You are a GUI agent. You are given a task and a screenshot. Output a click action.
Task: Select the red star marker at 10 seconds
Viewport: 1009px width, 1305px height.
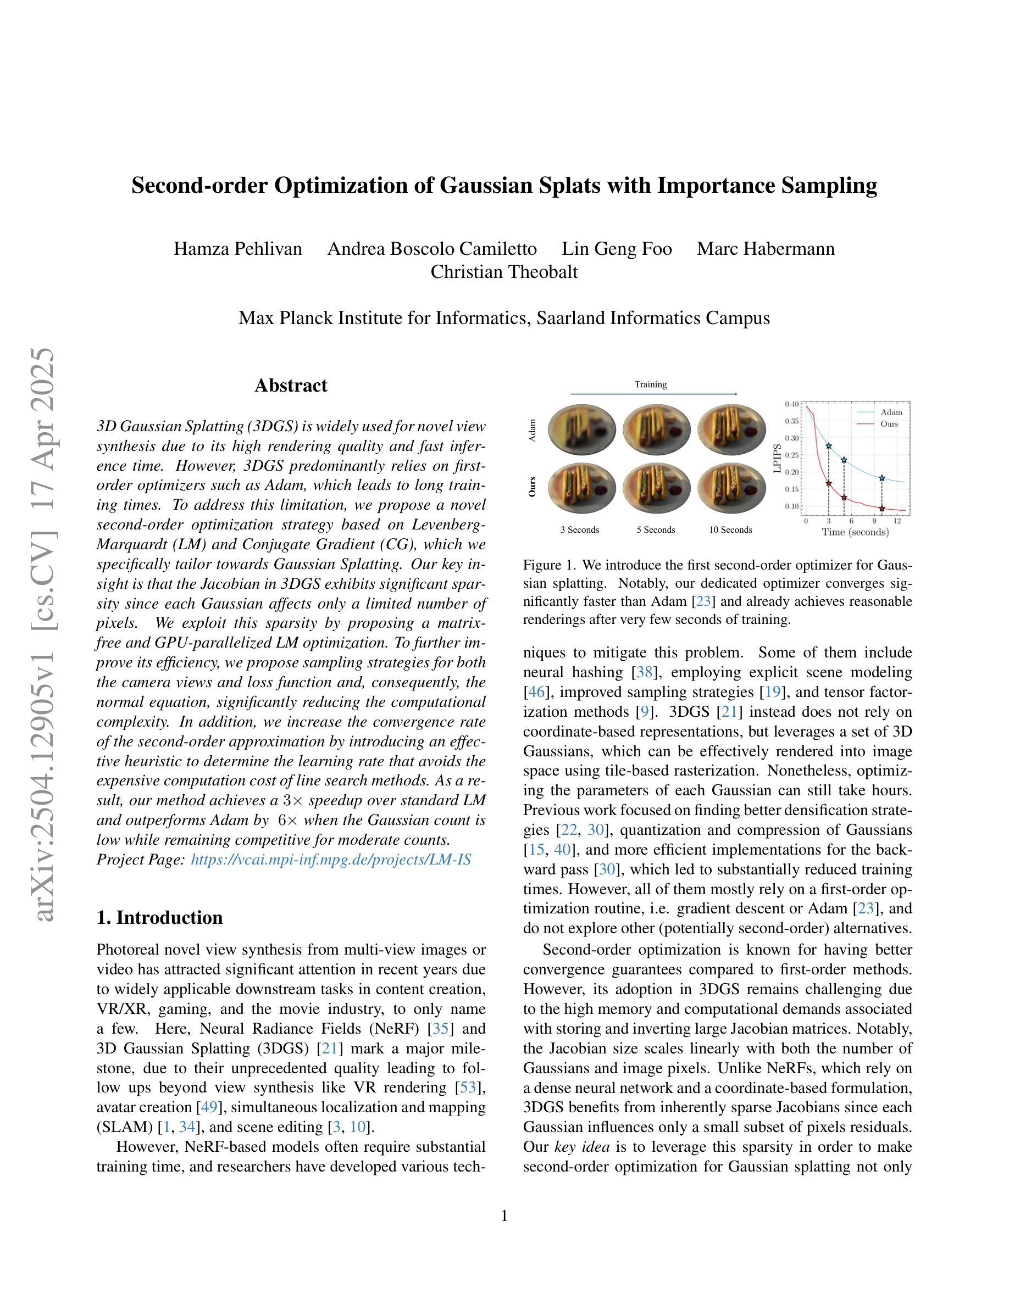pos(882,509)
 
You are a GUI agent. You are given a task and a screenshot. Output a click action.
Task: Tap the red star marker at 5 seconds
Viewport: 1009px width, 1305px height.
pos(844,498)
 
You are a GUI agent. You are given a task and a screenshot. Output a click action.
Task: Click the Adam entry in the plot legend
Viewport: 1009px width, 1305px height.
pos(891,412)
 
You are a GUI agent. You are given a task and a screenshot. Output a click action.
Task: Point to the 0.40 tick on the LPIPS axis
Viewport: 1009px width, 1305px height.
pos(791,404)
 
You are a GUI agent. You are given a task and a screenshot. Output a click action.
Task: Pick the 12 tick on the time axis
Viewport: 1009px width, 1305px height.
pos(897,521)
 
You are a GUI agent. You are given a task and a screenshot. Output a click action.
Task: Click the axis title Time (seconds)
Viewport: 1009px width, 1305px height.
pos(855,532)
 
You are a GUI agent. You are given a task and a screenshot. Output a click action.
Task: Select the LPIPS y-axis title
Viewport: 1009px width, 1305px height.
pos(777,458)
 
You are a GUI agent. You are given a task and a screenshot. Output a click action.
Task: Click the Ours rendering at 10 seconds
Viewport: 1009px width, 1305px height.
pos(731,489)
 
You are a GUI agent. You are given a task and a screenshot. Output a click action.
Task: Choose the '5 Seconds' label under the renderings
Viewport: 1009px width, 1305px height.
pos(656,530)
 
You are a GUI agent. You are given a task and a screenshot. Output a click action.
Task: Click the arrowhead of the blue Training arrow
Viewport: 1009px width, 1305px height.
pos(735,394)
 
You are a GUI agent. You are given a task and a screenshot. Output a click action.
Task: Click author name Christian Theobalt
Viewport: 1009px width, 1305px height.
pos(504,272)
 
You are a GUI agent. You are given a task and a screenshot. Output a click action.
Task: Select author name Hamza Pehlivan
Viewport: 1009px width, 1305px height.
pos(238,249)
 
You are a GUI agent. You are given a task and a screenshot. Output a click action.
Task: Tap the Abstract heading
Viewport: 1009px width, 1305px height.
pos(291,386)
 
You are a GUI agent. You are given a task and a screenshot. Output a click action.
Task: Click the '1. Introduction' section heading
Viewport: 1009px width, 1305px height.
pos(159,917)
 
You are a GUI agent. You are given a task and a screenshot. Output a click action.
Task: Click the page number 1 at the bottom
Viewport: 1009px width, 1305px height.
pos(504,1216)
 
